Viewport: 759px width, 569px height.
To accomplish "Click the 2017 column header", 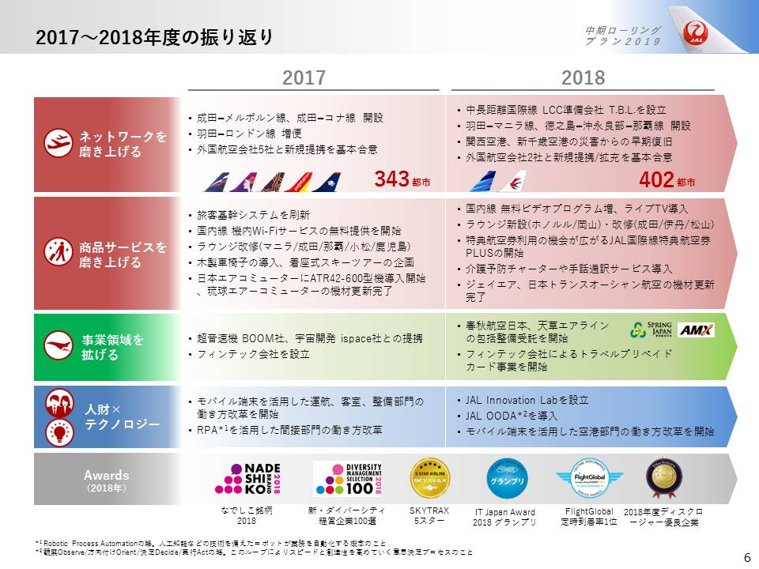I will click(304, 77).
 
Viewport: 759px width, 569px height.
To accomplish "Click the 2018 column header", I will click(583, 77).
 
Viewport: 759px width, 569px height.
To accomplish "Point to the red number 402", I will click(655, 180).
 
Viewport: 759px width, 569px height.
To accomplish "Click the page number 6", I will click(747, 556).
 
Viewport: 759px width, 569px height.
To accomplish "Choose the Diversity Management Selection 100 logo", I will click(348, 479).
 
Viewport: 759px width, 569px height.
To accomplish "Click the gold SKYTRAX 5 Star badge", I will click(429, 478).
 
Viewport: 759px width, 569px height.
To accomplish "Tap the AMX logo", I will click(696, 330).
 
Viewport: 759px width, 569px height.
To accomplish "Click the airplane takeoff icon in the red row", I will click(55, 143).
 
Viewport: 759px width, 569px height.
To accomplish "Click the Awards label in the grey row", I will click(106, 476).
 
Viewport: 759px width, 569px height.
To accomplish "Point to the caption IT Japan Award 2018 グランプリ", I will click(504, 517).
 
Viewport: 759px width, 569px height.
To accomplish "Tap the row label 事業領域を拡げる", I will click(113, 348).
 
